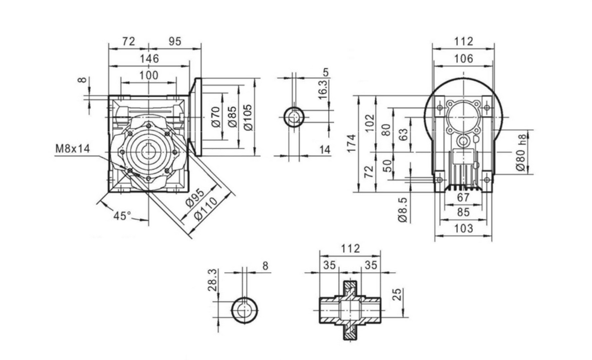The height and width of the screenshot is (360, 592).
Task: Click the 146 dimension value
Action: (x=149, y=58)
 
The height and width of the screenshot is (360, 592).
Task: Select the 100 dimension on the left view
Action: (x=149, y=75)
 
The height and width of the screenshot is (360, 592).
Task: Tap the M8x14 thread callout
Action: (x=72, y=149)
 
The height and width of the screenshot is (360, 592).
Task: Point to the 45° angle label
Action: (x=122, y=215)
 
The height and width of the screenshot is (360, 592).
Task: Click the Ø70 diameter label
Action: (x=216, y=116)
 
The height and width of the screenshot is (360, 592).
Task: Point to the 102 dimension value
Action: (x=385, y=124)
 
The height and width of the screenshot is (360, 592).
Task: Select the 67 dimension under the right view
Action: (x=463, y=198)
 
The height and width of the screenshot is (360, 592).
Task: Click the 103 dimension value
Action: (x=463, y=228)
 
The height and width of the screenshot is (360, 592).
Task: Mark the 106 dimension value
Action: (x=463, y=58)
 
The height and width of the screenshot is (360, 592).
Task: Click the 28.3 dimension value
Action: (x=212, y=280)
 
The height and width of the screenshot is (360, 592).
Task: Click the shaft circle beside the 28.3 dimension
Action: (x=244, y=310)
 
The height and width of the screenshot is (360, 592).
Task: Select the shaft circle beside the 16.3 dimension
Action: (x=294, y=118)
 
